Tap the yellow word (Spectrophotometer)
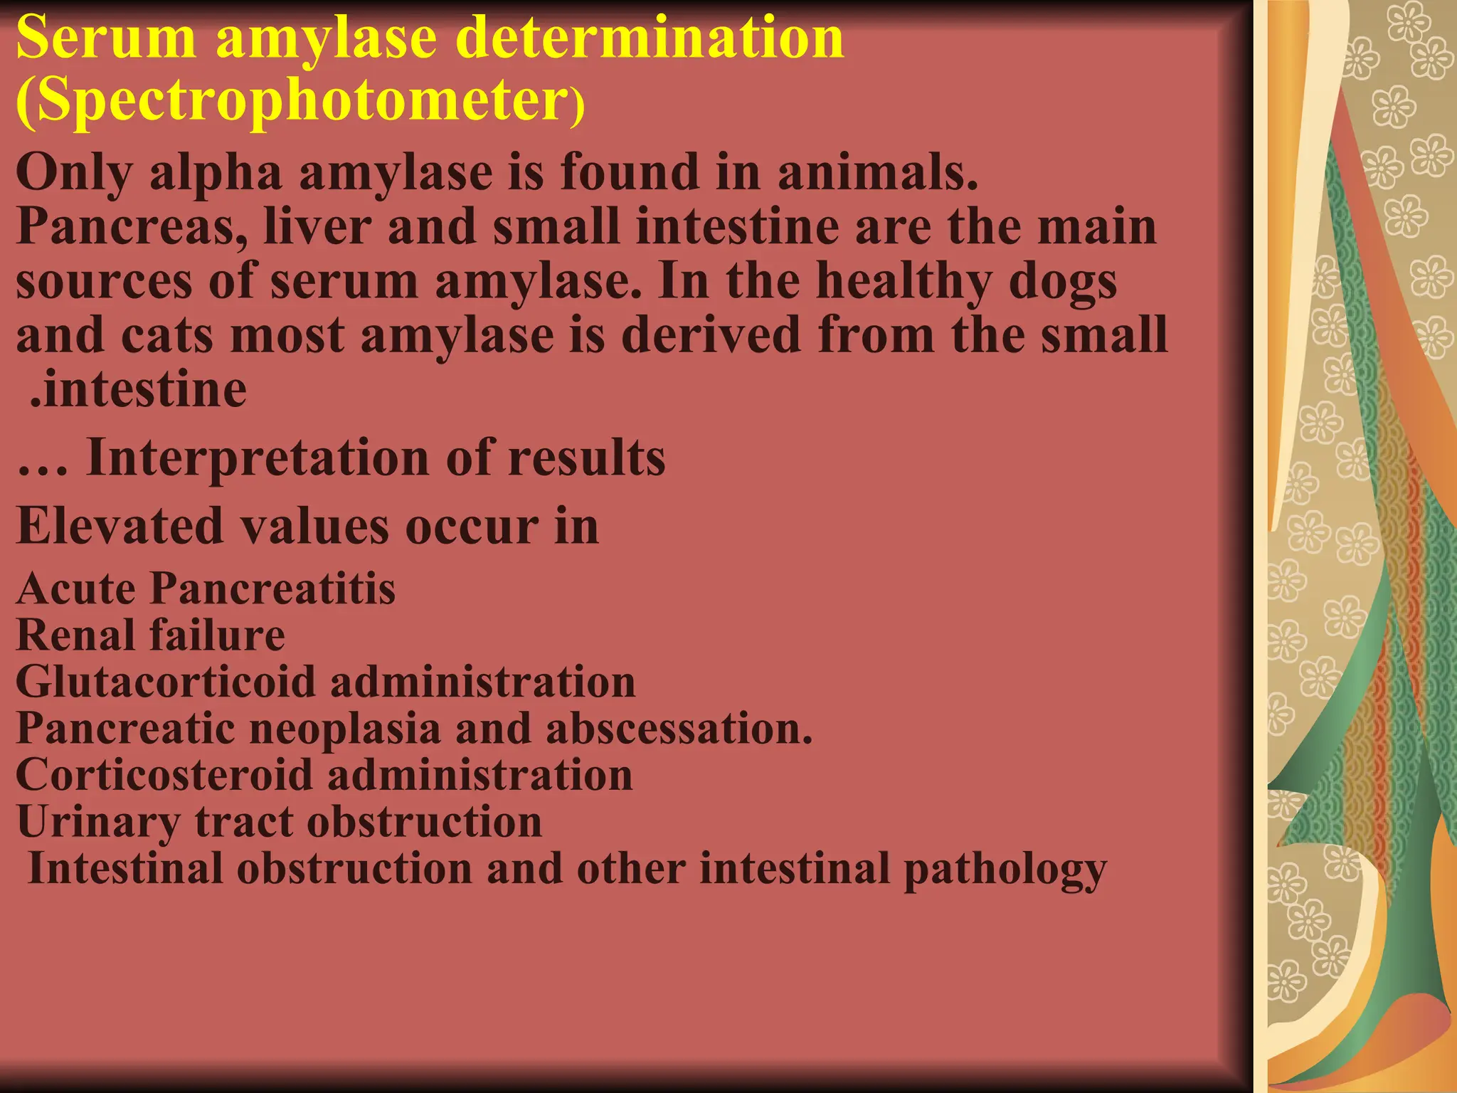pos(299,101)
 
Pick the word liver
pos(317,226)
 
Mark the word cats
pos(167,336)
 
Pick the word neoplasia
pos(344,729)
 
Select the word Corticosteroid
pos(164,775)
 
